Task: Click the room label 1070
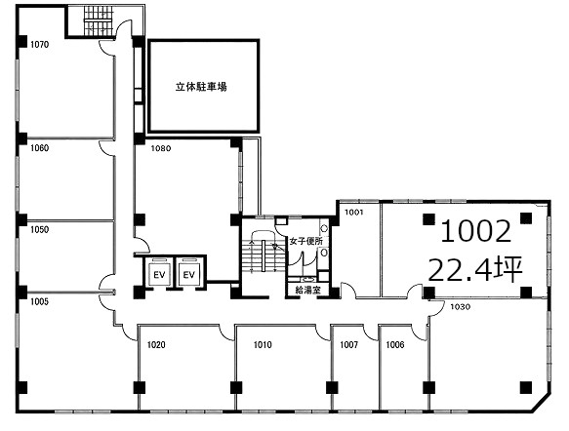(x=40, y=45)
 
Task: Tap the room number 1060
(x=40, y=148)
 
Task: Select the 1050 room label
(x=40, y=229)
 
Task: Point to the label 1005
(x=40, y=301)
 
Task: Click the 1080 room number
(x=161, y=148)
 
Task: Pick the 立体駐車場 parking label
(x=201, y=87)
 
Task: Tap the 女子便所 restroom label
(x=305, y=241)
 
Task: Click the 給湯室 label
(x=307, y=290)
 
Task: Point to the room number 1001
(x=354, y=212)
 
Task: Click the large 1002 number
(x=475, y=232)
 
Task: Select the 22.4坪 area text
(x=475, y=270)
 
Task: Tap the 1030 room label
(x=460, y=307)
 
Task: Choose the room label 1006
(x=395, y=345)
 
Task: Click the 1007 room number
(x=349, y=345)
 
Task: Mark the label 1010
(x=263, y=345)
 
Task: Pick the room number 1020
(x=156, y=345)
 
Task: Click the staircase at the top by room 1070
(x=99, y=21)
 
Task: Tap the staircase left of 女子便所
(x=262, y=255)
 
